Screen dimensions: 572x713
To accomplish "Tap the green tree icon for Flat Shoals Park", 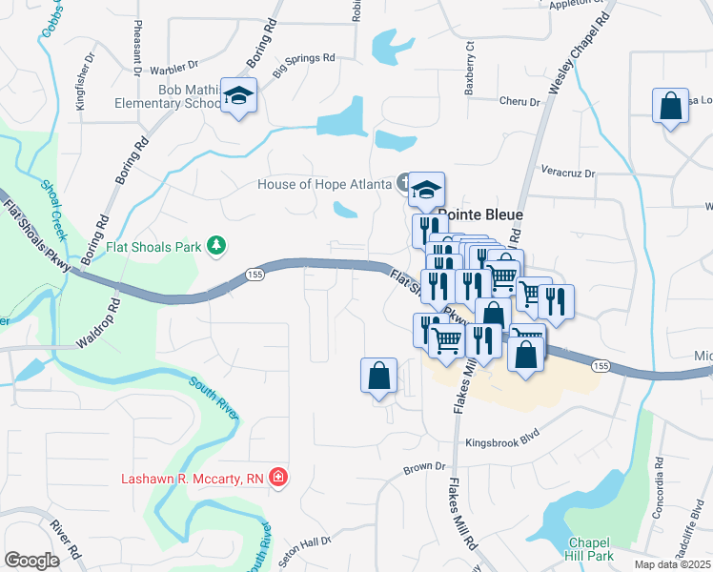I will coord(217,247).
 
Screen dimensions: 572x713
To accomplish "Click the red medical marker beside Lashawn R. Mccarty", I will coord(277,477).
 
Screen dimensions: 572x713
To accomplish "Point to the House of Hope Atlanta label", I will coord(325,183).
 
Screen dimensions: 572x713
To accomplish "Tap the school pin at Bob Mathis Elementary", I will coord(239,96).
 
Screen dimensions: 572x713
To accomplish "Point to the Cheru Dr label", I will coord(520,101).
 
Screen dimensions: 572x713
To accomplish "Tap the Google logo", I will coord(31,561).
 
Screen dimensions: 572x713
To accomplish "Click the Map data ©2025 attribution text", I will coord(672,564).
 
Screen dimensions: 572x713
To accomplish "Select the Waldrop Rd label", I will coord(105,319).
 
